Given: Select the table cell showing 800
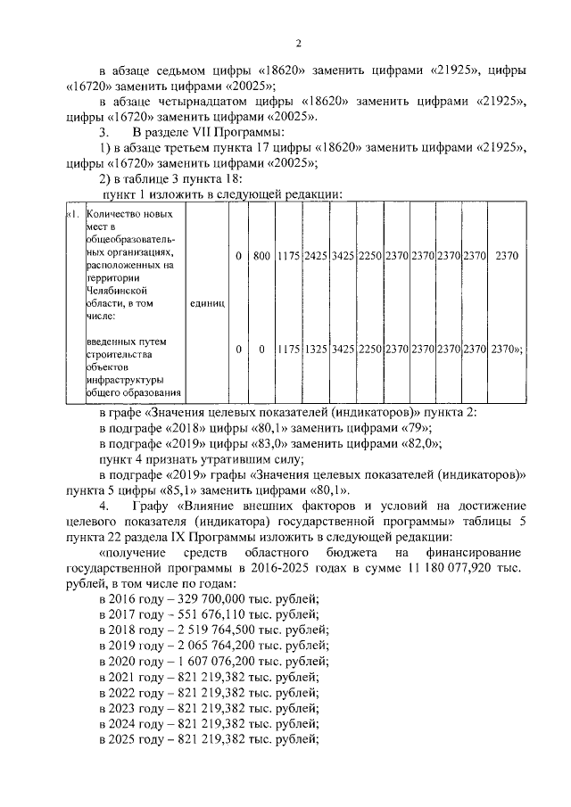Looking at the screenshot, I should pyautogui.click(x=261, y=257).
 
